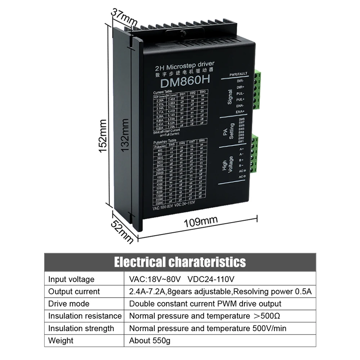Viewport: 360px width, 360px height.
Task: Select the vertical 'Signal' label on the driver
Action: [x=230, y=97]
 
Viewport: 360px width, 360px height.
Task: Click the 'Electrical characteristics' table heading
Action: [x=180, y=262]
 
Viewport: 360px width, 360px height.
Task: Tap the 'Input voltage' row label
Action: [x=71, y=279]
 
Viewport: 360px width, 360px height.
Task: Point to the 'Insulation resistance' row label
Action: [x=85, y=316]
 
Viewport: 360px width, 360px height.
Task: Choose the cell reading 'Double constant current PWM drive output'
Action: [x=205, y=304]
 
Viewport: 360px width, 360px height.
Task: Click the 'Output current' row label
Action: [x=74, y=292]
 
